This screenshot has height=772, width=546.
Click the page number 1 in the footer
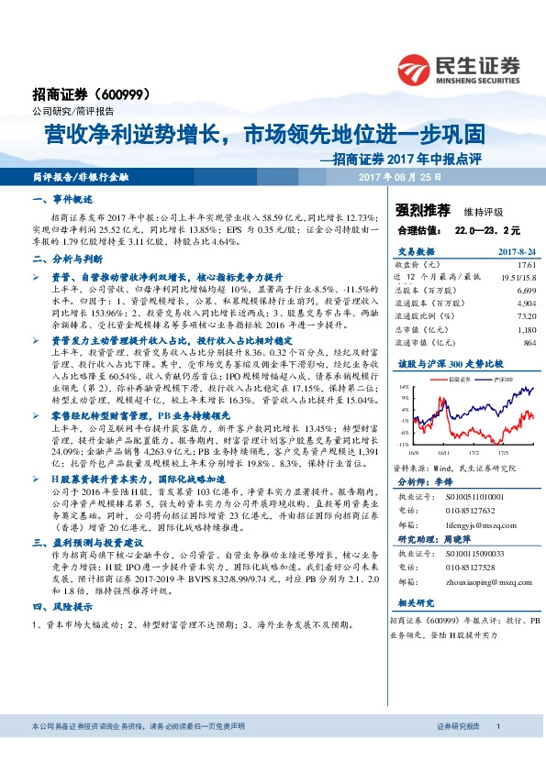click(496, 753)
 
